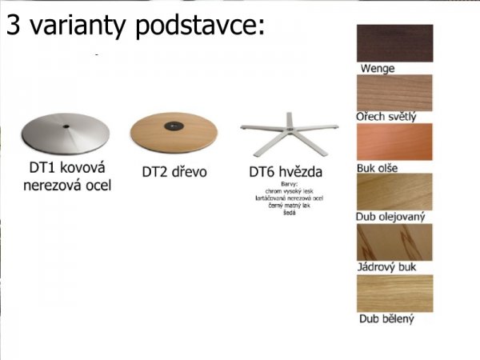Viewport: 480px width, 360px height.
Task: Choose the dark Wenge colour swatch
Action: click(394, 43)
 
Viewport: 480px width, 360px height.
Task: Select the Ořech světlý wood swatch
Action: click(394, 92)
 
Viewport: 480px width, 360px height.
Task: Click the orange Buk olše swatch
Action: click(394, 142)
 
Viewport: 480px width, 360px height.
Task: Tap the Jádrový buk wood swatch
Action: click(394, 242)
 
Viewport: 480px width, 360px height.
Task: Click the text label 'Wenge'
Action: click(377, 69)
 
